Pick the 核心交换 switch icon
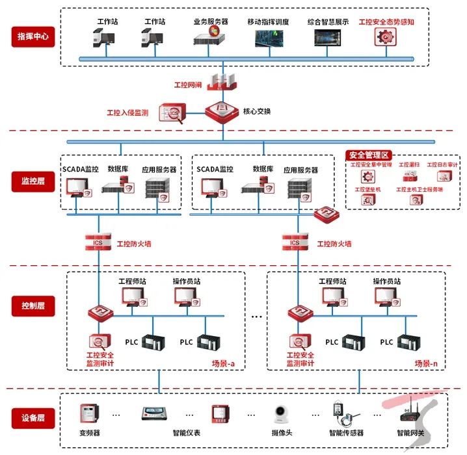pos(222,111)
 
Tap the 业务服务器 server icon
pos(210,36)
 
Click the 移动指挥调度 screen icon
pos(269,37)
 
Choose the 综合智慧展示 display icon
pos(328,37)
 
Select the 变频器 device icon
pos(88,414)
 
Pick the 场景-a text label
pos(222,364)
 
